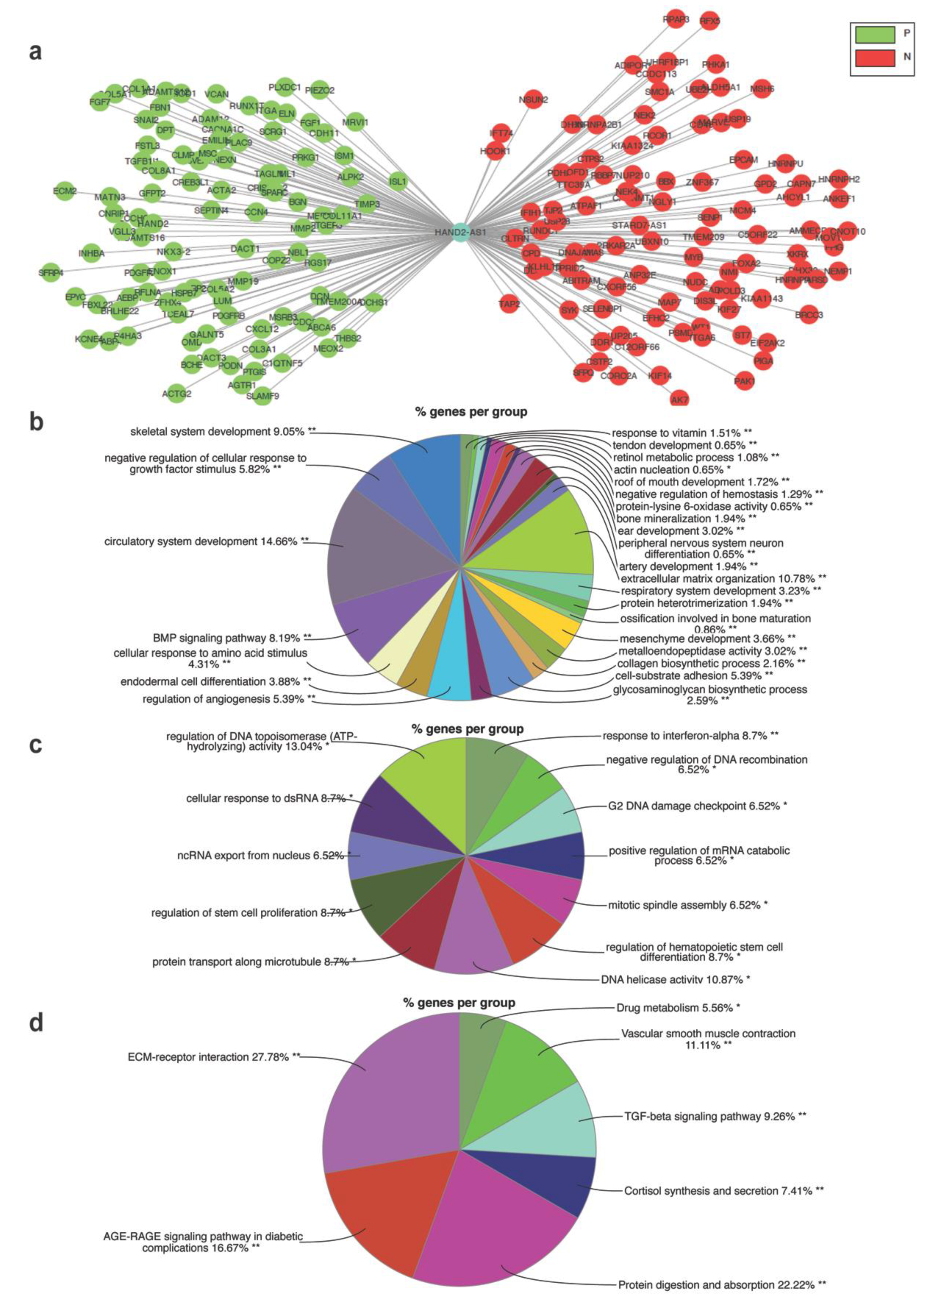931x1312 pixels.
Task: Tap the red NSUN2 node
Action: (533, 99)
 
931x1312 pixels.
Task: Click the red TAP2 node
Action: (509, 304)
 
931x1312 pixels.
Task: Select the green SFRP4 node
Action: (50, 272)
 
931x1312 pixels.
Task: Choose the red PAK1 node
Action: (744, 381)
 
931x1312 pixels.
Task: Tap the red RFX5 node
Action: (710, 21)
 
